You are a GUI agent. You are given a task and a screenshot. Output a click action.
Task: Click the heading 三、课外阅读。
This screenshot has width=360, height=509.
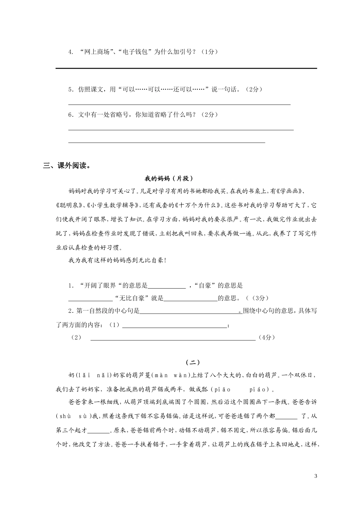(x=67, y=166)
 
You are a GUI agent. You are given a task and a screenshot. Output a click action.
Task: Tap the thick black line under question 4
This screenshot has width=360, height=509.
(x=186, y=68)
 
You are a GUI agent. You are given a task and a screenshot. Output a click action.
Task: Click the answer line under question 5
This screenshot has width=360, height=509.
(x=179, y=104)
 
